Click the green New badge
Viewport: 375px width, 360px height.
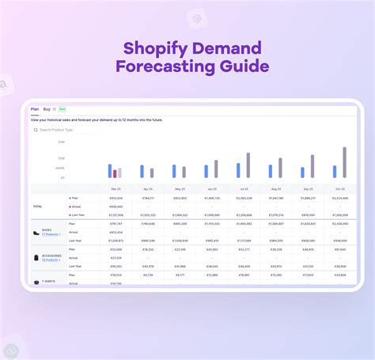pos(62,108)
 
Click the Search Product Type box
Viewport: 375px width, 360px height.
pos(63,130)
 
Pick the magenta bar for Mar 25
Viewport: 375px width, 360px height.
pos(115,173)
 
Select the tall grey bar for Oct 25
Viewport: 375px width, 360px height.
pos(344,162)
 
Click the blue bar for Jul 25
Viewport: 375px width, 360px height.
pos(238,170)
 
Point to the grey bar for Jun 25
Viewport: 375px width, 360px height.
pos(216,169)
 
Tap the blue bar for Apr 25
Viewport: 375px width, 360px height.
pos(142,171)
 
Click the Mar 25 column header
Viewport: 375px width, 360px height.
pos(116,190)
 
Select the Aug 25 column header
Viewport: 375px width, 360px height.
pos(276,190)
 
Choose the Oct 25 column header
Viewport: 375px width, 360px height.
pos(340,190)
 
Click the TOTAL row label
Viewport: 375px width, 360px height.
pos(37,206)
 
